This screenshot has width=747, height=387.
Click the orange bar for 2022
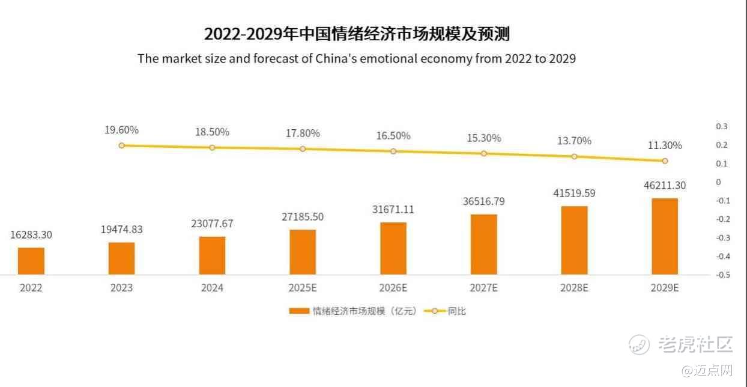click(x=31, y=261)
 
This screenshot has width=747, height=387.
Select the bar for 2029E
click(x=664, y=236)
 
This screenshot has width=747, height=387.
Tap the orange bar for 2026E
click(x=393, y=248)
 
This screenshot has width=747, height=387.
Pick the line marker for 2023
click(x=121, y=145)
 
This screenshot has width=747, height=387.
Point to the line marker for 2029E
click(x=665, y=161)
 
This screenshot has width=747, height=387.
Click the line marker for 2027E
click(x=484, y=153)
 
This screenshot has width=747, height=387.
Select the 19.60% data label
click(x=121, y=130)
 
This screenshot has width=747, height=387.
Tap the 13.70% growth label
click(x=574, y=141)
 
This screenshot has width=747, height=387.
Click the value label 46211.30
click(x=665, y=186)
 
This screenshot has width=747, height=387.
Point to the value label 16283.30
click(x=31, y=235)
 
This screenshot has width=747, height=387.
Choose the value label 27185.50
click(x=303, y=216)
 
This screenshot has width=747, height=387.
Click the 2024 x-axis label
click(x=212, y=288)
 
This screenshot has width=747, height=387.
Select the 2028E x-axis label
click(x=574, y=288)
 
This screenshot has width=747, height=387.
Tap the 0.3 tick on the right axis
click(x=721, y=126)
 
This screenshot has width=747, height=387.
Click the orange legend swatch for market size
click(x=298, y=311)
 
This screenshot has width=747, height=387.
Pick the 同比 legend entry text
click(x=456, y=311)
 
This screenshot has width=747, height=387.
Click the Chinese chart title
click(x=357, y=34)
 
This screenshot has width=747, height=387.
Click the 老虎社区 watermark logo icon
click(x=639, y=344)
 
